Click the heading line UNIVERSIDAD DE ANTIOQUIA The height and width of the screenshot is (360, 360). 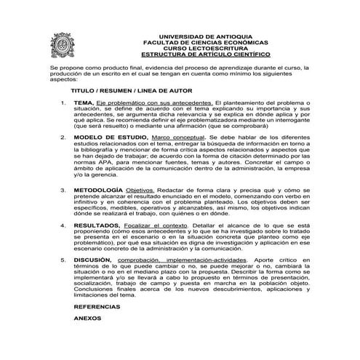(205, 36)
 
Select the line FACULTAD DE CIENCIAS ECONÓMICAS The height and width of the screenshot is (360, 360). (205, 41)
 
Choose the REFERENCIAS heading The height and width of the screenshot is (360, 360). (100, 308)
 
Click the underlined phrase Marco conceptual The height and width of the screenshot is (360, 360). (174, 136)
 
